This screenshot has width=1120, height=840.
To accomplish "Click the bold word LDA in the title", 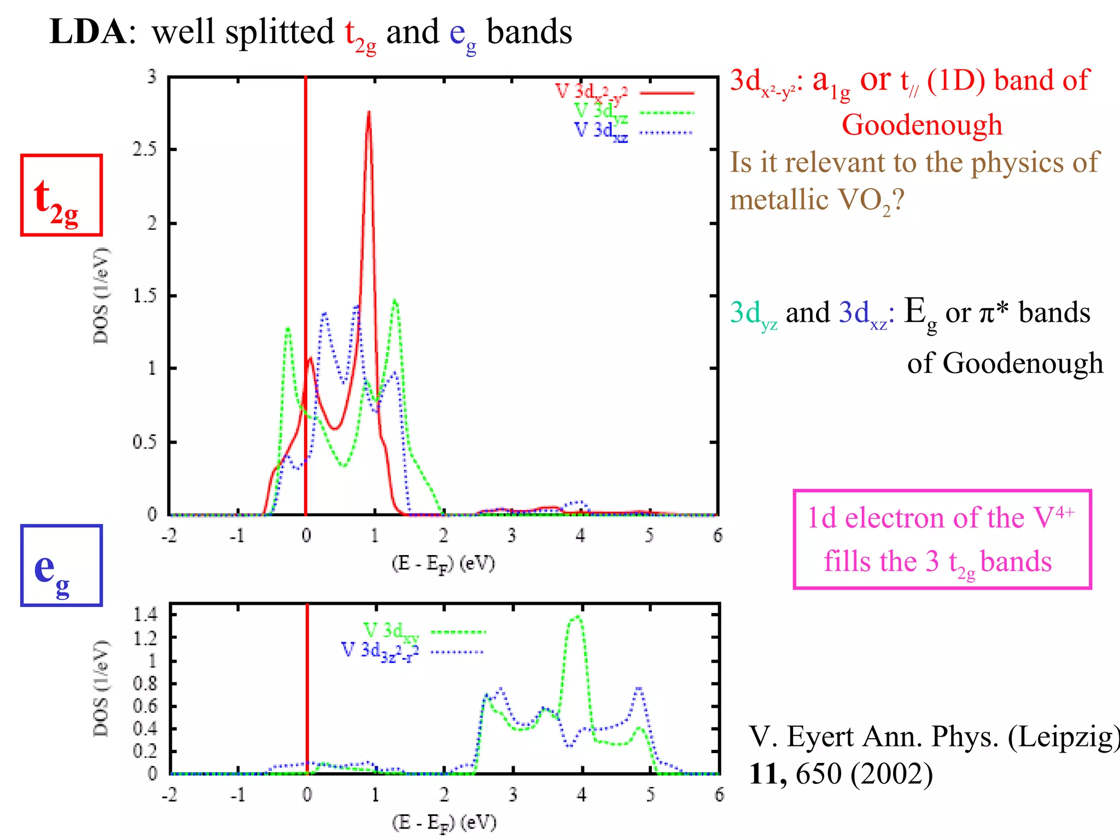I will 87,32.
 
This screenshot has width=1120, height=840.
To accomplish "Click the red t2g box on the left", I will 61,195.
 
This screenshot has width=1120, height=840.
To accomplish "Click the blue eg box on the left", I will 61,565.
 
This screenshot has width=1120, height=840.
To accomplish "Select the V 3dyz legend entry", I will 600,112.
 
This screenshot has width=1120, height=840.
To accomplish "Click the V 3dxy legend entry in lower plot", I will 391,632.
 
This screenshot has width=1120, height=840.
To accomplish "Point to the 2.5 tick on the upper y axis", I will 145,149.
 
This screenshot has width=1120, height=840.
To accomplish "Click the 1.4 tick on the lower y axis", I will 145,615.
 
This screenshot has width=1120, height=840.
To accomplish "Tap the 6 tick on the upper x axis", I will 717,535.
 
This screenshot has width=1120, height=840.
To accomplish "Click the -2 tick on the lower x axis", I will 170,794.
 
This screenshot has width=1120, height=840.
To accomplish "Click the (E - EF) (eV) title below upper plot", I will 443,563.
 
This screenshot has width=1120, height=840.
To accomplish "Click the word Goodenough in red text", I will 922,125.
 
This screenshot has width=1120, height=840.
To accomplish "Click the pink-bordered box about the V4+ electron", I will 942,539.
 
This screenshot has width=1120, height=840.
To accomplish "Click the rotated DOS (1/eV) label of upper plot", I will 101,295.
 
